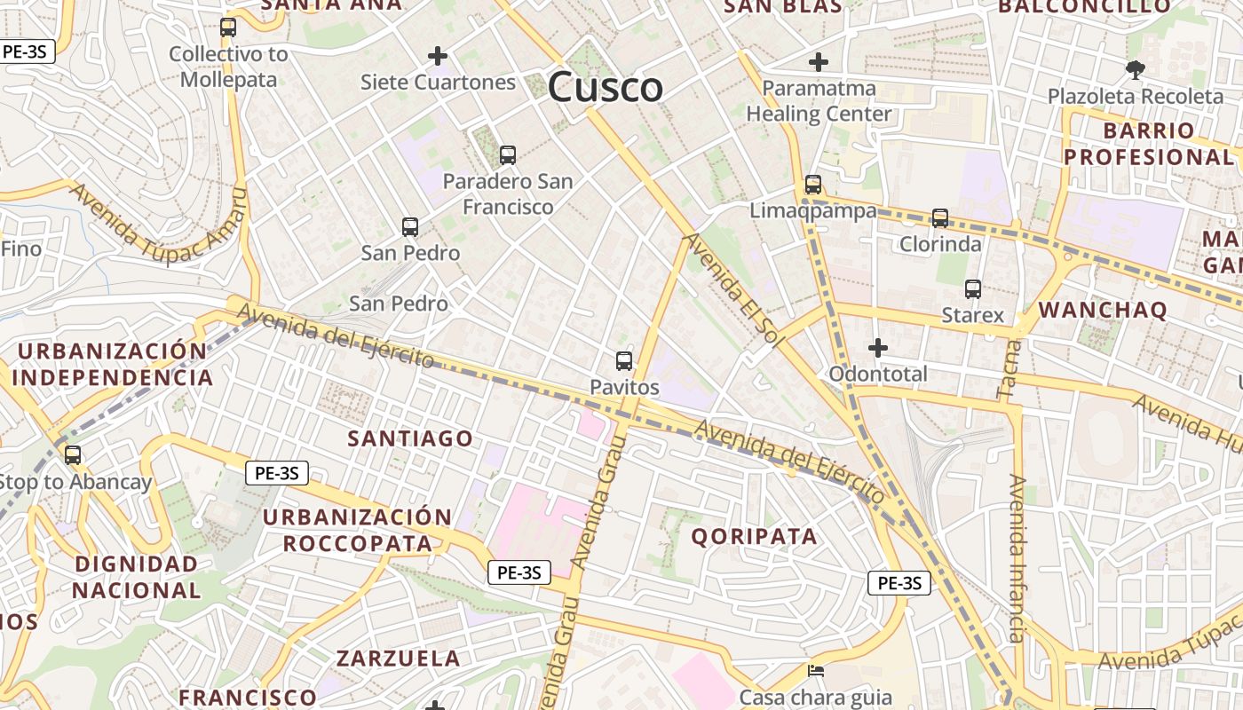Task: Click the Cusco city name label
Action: click(x=605, y=87)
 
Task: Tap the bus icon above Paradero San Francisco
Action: click(x=508, y=155)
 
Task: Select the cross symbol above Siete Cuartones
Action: click(x=438, y=56)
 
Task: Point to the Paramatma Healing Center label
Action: click(x=819, y=101)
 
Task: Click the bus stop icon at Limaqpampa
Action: click(x=813, y=185)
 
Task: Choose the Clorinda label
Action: click(x=940, y=244)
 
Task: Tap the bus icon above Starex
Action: click(x=973, y=288)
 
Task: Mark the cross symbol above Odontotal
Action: click(x=878, y=348)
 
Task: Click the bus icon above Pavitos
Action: click(x=624, y=360)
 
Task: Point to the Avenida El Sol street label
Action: click(x=736, y=288)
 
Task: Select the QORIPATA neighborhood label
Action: click(x=754, y=536)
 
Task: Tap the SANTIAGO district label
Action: click(x=410, y=438)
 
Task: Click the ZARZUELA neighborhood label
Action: click(x=398, y=659)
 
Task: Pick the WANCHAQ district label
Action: click(x=1102, y=310)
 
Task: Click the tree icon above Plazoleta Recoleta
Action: click(x=1135, y=69)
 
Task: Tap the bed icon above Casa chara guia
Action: click(x=815, y=671)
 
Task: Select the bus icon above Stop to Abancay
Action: click(x=73, y=455)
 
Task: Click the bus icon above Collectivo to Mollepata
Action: click(x=228, y=28)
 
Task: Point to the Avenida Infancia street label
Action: click(x=1017, y=558)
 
